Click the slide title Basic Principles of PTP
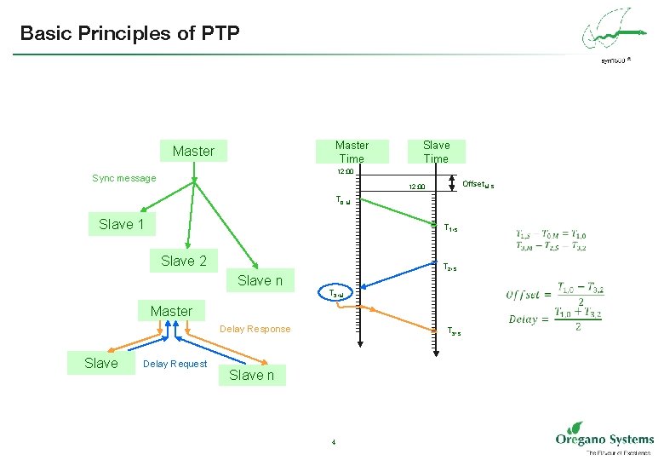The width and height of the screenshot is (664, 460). click(130, 34)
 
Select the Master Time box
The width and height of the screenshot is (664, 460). click(352, 151)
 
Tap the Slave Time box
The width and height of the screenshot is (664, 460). click(436, 151)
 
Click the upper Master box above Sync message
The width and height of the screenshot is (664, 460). click(194, 151)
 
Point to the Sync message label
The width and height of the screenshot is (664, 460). click(124, 178)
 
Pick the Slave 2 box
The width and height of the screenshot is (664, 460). click(184, 261)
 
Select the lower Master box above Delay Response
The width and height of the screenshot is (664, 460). click(171, 311)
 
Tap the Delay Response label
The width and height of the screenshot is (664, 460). click(255, 329)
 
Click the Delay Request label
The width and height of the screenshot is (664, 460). click(175, 364)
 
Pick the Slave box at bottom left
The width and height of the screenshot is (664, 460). click(101, 363)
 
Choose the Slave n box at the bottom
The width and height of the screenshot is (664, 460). click(252, 375)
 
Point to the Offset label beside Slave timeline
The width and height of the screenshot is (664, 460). click(478, 184)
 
